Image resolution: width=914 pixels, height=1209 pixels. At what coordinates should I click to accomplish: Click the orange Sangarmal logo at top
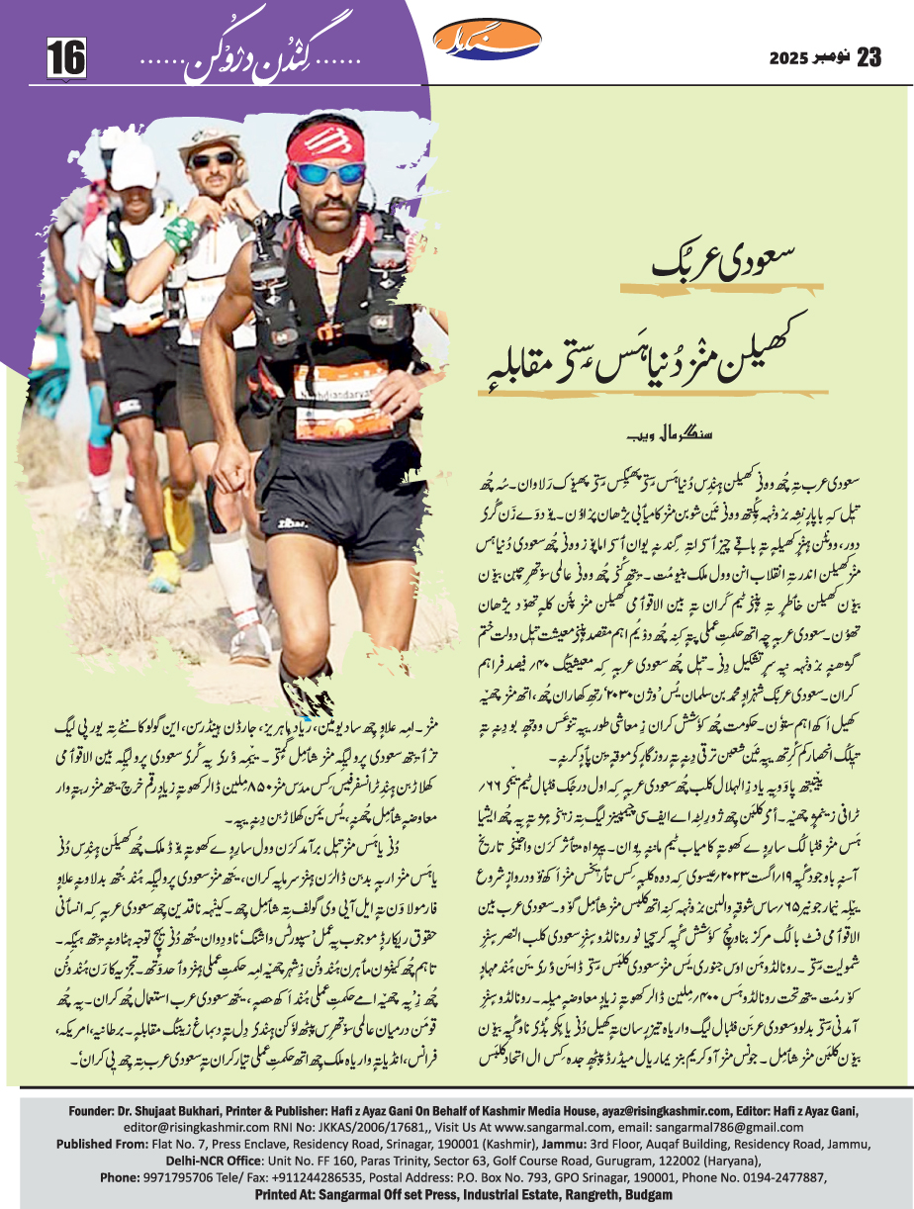(x=489, y=41)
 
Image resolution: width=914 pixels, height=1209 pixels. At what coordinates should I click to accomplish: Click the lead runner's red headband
(x=327, y=140)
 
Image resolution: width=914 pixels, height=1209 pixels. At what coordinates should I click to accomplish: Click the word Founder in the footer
(x=97, y=1111)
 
